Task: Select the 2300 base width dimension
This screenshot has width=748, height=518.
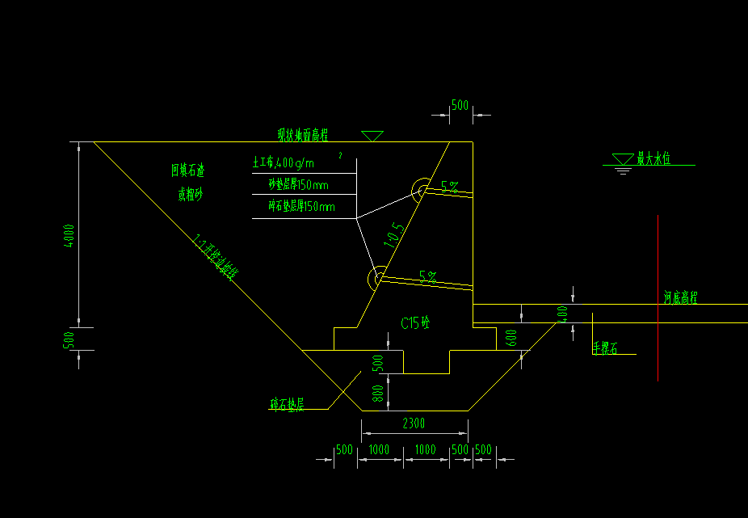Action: (x=413, y=423)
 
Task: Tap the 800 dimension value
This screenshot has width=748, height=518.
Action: (x=378, y=393)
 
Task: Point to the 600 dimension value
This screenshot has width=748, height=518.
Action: (x=511, y=338)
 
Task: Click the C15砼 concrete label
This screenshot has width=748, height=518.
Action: (x=416, y=323)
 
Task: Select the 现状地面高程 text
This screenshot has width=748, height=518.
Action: (x=308, y=134)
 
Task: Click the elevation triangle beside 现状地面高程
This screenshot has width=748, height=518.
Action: (x=372, y=136)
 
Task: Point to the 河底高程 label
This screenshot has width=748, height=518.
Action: (x=680, y=298)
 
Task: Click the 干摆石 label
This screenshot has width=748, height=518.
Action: (x=604, y=348)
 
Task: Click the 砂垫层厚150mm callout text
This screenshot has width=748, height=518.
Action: (x=301, y=185)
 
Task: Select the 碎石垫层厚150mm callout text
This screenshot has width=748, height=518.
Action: (x=301, y=207)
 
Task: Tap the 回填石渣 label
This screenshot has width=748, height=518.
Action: (x=187, y=171)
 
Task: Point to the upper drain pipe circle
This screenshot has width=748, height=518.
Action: (x=421, y=192)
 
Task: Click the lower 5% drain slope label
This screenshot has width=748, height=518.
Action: (x=427, y=277)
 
